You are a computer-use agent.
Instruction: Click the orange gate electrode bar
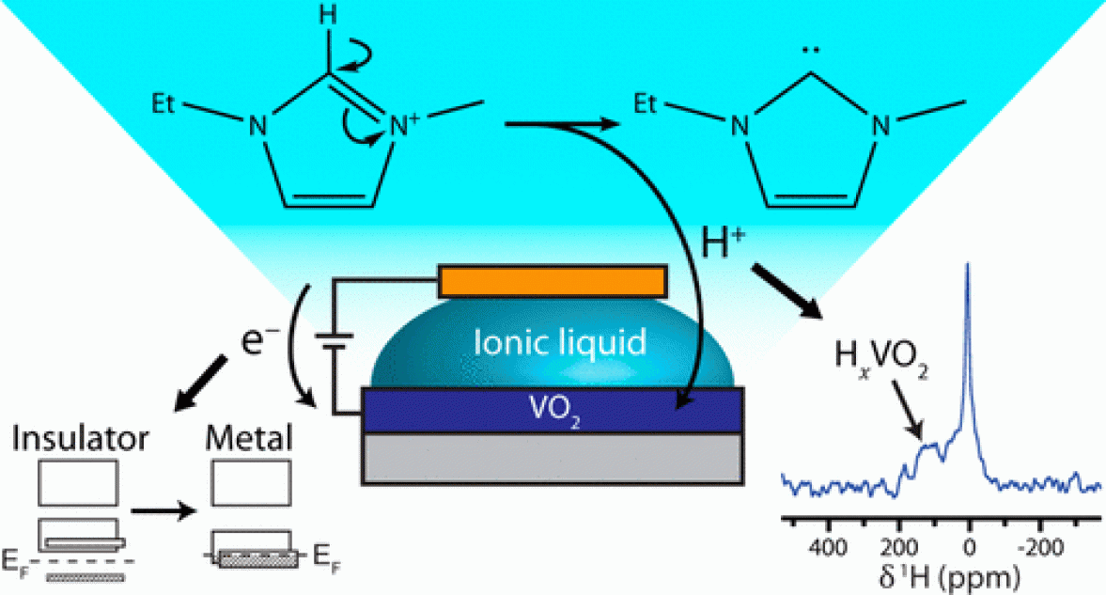click(552, 280)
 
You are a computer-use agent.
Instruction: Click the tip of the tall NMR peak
click(968, 266)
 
